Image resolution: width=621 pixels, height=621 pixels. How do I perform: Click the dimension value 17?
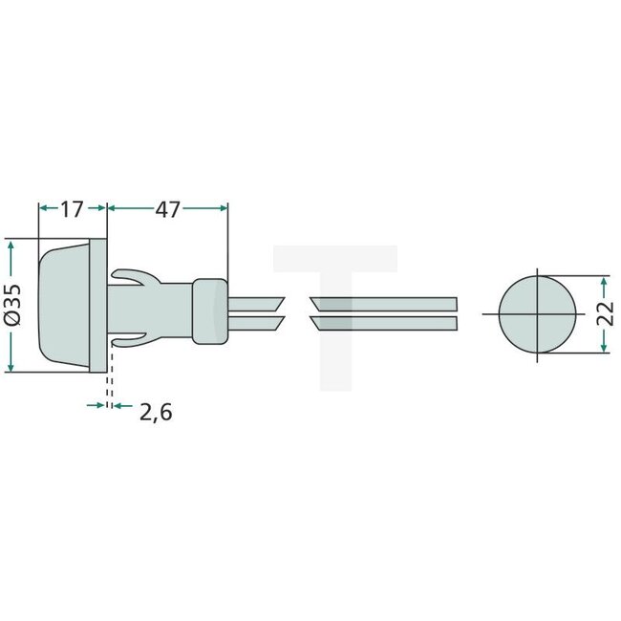tap(72, 209)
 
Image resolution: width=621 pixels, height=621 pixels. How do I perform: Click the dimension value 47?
tap(168, 209)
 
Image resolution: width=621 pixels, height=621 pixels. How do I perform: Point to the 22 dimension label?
tap(605, 314)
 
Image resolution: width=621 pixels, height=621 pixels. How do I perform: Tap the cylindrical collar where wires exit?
tap(209, 310)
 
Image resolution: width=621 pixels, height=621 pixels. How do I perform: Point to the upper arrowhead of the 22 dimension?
tap(604, 283)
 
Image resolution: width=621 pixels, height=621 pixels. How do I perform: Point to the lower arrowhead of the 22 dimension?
tap(604, 346)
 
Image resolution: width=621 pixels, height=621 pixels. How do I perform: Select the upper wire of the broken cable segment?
tap(382, 303)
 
